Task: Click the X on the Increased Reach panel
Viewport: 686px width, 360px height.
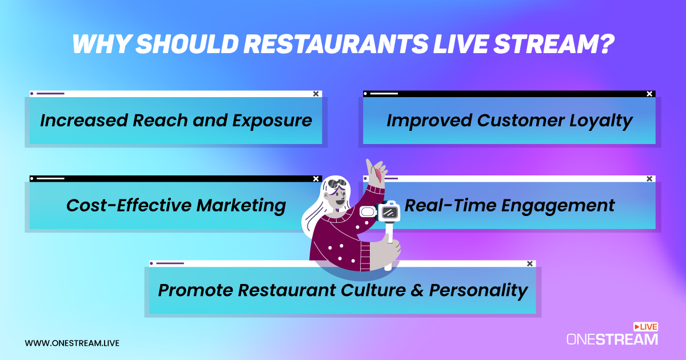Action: [x=316, y=94]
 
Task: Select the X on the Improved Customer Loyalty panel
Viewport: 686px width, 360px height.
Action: [x=649, y=94]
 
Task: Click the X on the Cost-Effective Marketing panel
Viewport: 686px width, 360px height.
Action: [x=316, y=179]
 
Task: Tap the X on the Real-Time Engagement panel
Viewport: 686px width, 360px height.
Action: [x=649, y=179]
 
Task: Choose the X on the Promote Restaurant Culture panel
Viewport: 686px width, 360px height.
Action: [x=529, y=263]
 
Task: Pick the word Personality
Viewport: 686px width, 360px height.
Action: [x=478, y=290]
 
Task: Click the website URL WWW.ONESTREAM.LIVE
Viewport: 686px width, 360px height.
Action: [x=72, y=343]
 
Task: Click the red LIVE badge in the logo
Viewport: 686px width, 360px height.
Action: [x=646, y=327]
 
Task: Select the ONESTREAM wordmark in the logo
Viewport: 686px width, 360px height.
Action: [x=612, y=339]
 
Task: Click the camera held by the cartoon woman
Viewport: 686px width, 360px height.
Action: [x=389, y=211]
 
